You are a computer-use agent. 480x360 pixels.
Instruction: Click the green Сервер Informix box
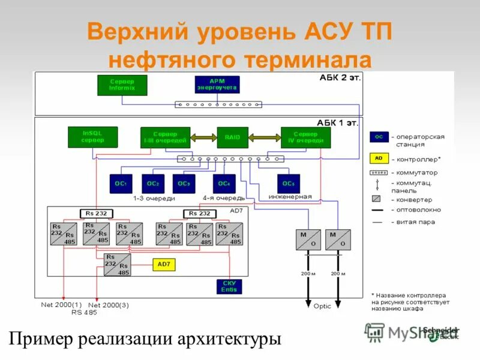coord(122,85)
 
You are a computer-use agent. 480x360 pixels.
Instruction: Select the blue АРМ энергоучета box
coord(217,85)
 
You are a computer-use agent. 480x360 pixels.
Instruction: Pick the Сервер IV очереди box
coord(306,137)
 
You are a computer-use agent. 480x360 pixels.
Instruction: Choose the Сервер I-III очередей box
coord(165,137)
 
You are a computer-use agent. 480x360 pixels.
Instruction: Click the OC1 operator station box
coord(120,184)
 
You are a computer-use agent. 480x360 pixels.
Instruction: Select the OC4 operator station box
coord(224,184)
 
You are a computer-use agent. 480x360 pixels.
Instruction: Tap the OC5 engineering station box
coord(289,184)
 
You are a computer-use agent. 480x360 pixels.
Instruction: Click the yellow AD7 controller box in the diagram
coord(164,264)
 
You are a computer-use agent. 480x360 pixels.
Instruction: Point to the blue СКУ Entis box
coord(229,286)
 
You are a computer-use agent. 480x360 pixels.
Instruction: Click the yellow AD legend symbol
coord(379,159)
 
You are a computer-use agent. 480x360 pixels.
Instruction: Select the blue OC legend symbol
coord(379,137)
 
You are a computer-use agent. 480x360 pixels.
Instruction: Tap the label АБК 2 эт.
coord(340,78)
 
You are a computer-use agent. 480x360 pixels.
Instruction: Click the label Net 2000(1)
coord(61,304)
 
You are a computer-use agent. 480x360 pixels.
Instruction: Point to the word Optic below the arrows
coord(322,306)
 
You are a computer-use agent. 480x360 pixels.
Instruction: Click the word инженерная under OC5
coord(290,197)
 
